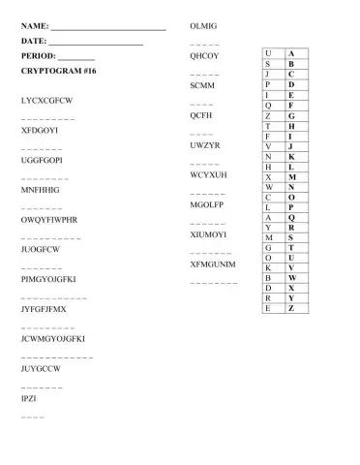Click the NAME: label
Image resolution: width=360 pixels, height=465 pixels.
tap(35, 24)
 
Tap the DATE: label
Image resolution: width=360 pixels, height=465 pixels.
tap(34, 41)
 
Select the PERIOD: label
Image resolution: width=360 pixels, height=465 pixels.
tap(40, 56)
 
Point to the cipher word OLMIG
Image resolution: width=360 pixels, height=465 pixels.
tap(204, 24)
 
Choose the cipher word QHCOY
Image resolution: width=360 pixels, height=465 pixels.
tap(205, 56)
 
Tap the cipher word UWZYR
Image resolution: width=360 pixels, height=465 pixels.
tap(206, 145)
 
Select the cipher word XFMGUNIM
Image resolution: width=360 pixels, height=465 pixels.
tap(213, 263)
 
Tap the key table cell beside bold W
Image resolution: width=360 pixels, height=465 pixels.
tap(267, 277)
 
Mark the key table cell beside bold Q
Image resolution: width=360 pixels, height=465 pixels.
tap(267, 217)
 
